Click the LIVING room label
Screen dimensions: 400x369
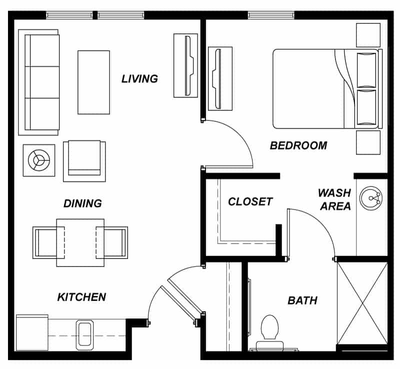[x=139, y=78]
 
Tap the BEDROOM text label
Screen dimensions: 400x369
[x=298, y=145]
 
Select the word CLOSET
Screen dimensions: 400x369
[x=250, y=201]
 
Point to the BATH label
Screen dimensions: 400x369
[x=302, y=300]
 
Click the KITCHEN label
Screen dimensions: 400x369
[x=81, y=297]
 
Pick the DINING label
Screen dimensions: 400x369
[x=82, y=203]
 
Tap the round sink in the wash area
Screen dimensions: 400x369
[x=371, y=198]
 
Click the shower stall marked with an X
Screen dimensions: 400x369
[x=362, y=303]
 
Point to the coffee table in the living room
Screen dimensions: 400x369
[x=93, y=82]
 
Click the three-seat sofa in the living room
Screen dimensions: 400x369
[x=39, y=82]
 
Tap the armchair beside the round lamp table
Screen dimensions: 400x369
[x=84, y=161]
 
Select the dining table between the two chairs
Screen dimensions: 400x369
[x=80, y=242]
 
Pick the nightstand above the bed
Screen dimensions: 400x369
[x=368, y=35]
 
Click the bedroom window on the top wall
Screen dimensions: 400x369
[x=271, y=15]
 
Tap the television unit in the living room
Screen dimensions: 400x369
[x=185, y=65]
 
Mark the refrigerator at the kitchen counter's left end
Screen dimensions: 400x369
[x=32, y=333]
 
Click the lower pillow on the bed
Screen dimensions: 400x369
[x=366, y=107]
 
